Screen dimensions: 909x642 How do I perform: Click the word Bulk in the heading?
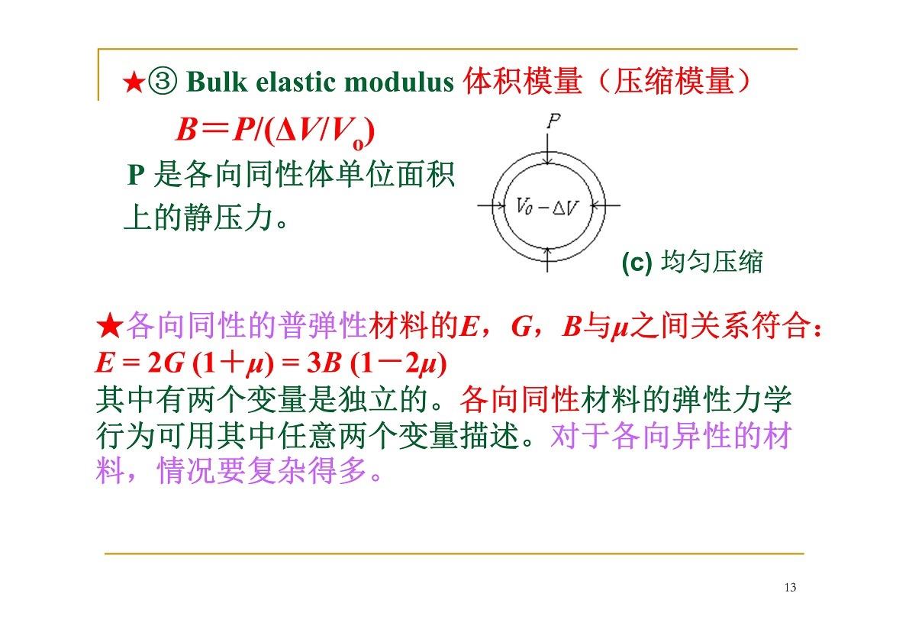click(216, 81)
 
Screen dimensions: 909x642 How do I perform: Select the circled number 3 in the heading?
click(163, 81)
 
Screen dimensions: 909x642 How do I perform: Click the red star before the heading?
click(134, 82)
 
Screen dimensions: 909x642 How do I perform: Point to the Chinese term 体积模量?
click(522, 81)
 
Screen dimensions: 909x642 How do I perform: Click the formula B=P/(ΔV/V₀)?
click(275, 131)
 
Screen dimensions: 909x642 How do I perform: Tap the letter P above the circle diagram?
click(553, 121)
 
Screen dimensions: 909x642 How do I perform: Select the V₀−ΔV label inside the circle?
click(546, 206)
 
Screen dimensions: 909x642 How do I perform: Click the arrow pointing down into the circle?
click(548, 149)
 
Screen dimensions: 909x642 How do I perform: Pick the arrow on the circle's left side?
click(492, 205)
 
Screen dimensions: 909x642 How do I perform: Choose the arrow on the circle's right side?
click(605, 205)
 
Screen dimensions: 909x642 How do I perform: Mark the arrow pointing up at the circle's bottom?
click(548, 260)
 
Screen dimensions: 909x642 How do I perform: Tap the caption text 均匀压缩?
click(712, 262)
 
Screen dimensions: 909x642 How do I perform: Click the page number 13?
click(790, 588)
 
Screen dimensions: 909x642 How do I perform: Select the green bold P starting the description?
click(136, 175)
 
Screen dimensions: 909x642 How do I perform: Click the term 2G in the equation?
click(166, 363)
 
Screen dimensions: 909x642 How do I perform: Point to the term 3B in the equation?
click(324, 363)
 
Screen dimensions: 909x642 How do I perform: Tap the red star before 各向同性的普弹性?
click(110, 326)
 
